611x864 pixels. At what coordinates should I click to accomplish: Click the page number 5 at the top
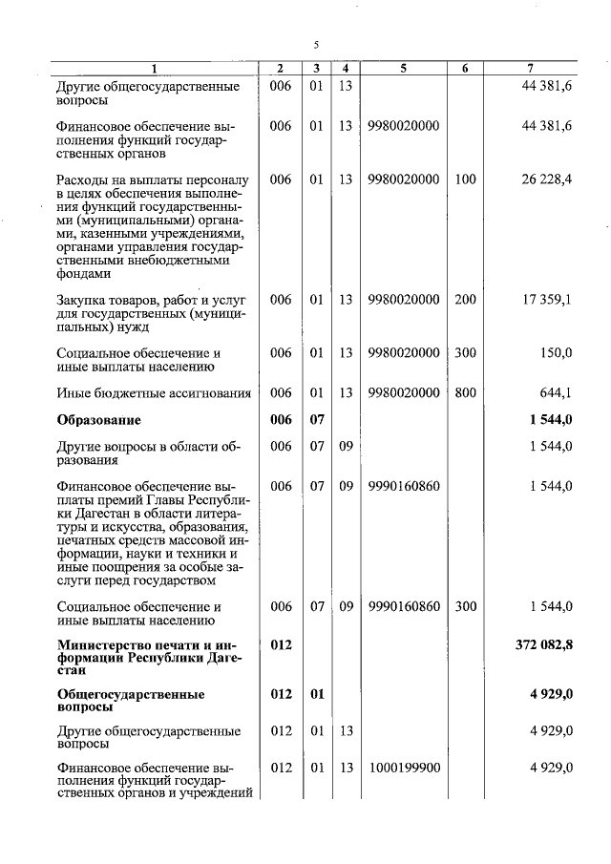[x=316, y=44]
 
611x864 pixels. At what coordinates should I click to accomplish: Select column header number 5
[x=402, y=68]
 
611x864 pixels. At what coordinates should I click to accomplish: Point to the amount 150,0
[x=555, y=353]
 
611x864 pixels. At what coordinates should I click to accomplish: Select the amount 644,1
[x=555, y=392]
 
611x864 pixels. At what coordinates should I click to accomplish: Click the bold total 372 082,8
[x=541, y=645]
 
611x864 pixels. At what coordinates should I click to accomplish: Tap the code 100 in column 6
[x=465, y=179]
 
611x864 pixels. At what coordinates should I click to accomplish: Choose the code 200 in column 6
[x=465, y=300]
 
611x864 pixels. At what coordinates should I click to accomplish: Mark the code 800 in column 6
[x=465, y=392]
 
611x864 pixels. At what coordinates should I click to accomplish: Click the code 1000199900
[x=402, y=768]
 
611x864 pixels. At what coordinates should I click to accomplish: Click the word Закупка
[x=82, y=300]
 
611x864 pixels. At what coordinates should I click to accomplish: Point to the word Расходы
[x=83, y=179]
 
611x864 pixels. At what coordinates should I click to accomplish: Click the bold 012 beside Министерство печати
[x=281, y=645]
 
